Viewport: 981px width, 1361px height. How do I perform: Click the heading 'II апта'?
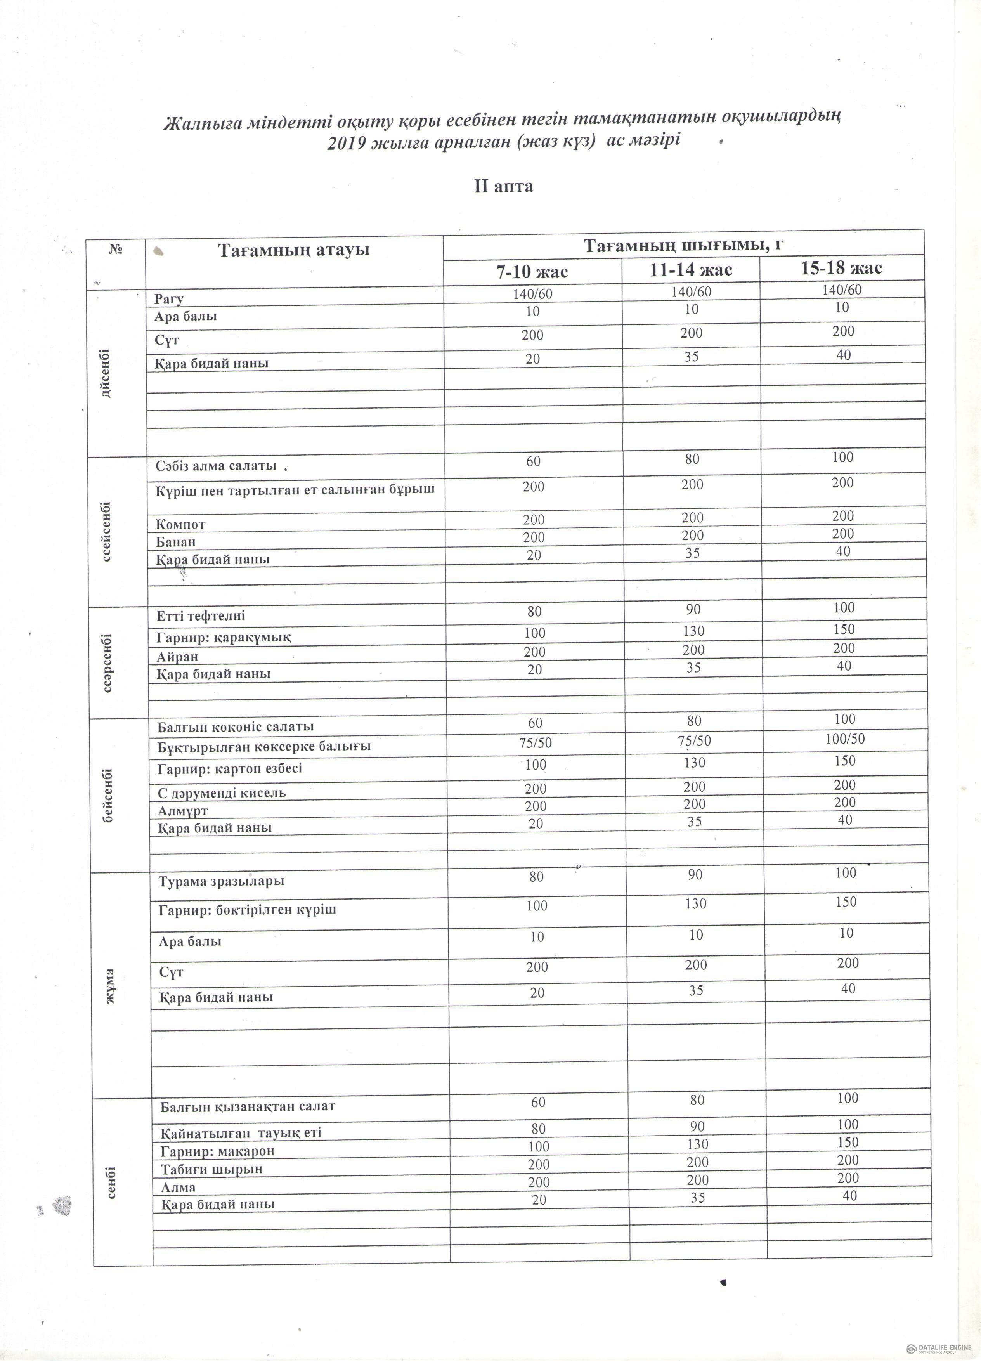coord(503,187)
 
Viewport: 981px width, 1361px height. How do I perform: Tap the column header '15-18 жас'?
coord(841,268)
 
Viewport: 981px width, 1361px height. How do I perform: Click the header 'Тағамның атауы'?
coord(293,250)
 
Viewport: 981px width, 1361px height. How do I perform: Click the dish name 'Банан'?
coord(176,542)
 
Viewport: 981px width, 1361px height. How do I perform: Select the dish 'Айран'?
coord(178,657)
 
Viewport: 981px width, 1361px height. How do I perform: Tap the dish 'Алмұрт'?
coord(183,811)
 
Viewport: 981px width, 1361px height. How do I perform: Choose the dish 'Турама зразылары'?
coord(222,882)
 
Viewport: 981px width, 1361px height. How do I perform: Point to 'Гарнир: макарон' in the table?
coord(217,1151)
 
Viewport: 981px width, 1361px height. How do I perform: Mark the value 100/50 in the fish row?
coord(845,739)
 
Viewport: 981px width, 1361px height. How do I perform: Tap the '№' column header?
coord(116,249)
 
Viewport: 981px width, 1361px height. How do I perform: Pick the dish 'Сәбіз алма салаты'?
coord(216,466)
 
